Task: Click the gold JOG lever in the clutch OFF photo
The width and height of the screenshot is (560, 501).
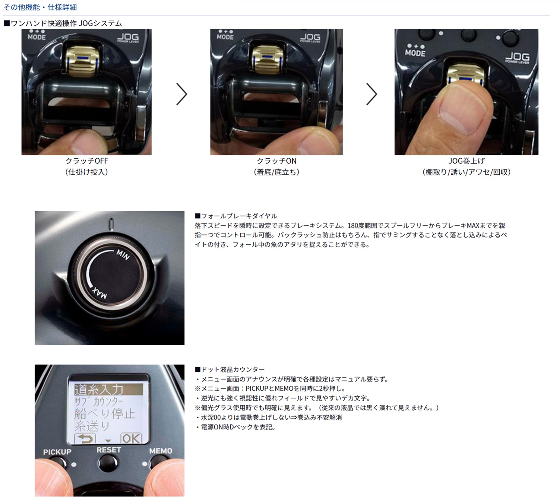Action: (x=82, y=61)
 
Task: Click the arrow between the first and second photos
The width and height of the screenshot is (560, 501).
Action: (x=181, y=94)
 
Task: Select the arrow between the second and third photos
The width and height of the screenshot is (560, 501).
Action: (x=371, y=94)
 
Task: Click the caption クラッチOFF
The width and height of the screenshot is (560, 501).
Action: (x=86, y=161)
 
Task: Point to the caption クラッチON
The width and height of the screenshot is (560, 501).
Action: (x=276, y=161)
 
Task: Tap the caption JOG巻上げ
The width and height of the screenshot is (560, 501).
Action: (x=466, y=161)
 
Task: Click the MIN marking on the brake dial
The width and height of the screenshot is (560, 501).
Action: (x=123, y=254)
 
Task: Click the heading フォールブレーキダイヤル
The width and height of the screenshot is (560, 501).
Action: (x=236, y=216)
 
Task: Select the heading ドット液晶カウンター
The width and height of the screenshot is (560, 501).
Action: (x=230, y=369)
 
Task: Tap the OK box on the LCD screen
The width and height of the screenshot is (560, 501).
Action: (x=131, y=438)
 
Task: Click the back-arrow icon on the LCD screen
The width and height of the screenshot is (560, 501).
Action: (x=85, y=438)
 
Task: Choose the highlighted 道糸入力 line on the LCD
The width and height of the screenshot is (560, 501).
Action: (x=108, y=389)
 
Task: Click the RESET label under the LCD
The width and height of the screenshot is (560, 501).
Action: (x=109, y=450)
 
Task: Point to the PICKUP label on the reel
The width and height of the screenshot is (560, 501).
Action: (x=57, y=452)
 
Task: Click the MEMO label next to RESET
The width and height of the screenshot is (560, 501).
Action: (x=161, y=451)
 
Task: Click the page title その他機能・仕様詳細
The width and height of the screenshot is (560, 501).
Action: (x=40, y=7)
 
